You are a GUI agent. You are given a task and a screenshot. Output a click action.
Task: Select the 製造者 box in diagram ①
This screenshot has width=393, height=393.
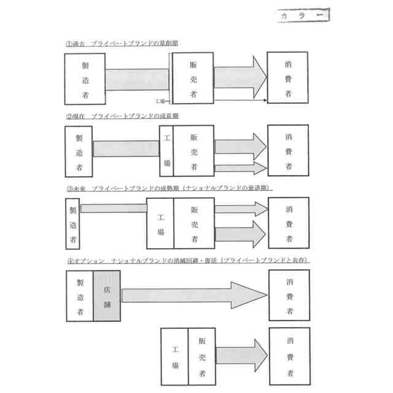[85, 79]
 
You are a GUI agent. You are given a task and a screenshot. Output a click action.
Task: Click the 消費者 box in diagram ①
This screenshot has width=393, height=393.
[288, 78]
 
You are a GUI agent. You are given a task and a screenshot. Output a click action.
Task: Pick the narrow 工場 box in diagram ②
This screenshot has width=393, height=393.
[166, 150]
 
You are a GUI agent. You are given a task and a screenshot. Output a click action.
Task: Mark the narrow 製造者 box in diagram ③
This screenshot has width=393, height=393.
[72, 223]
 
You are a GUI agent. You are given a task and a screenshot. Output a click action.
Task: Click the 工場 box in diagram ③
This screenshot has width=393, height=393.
[160, 224]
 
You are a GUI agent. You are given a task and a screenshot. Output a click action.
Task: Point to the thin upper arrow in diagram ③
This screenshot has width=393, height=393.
[240, 209]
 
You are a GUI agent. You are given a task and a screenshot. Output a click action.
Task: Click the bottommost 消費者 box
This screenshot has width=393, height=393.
[289, 356]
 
